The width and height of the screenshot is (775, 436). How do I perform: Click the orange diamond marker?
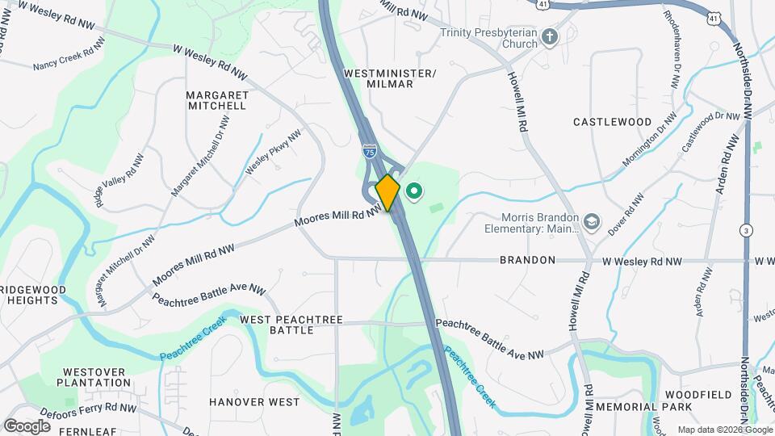[x=387, y=192]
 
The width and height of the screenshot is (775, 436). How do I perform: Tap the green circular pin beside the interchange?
[x=414, y=191]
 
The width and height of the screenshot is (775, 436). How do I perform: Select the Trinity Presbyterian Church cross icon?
[x=550, y=37]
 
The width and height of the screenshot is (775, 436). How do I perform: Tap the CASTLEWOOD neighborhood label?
[x=612, y=122]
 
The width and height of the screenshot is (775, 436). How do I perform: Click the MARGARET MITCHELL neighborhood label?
[x=216, y=100]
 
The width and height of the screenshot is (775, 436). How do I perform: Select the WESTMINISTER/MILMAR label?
[x=390, y=78]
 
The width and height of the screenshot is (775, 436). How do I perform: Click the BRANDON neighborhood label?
[x=527, y=260]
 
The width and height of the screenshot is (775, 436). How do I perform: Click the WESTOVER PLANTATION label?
[x=95, y=377]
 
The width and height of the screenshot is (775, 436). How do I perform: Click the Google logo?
[x=27, y=426]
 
